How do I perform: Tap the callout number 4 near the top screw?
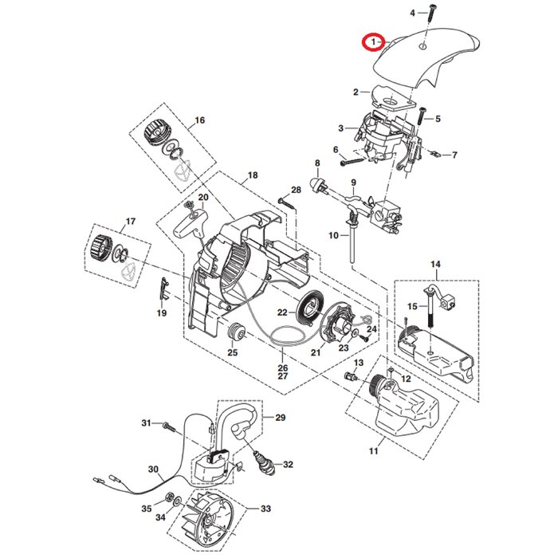pos(413,13)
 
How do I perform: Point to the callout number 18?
pos(253,175)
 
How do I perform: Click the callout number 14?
pos(435,264)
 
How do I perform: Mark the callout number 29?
pos(280,418)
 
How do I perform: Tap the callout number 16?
pos(198,120)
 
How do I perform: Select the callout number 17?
pos(131,221)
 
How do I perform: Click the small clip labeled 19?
pos(163,287)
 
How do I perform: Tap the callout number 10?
pos(333,234)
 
